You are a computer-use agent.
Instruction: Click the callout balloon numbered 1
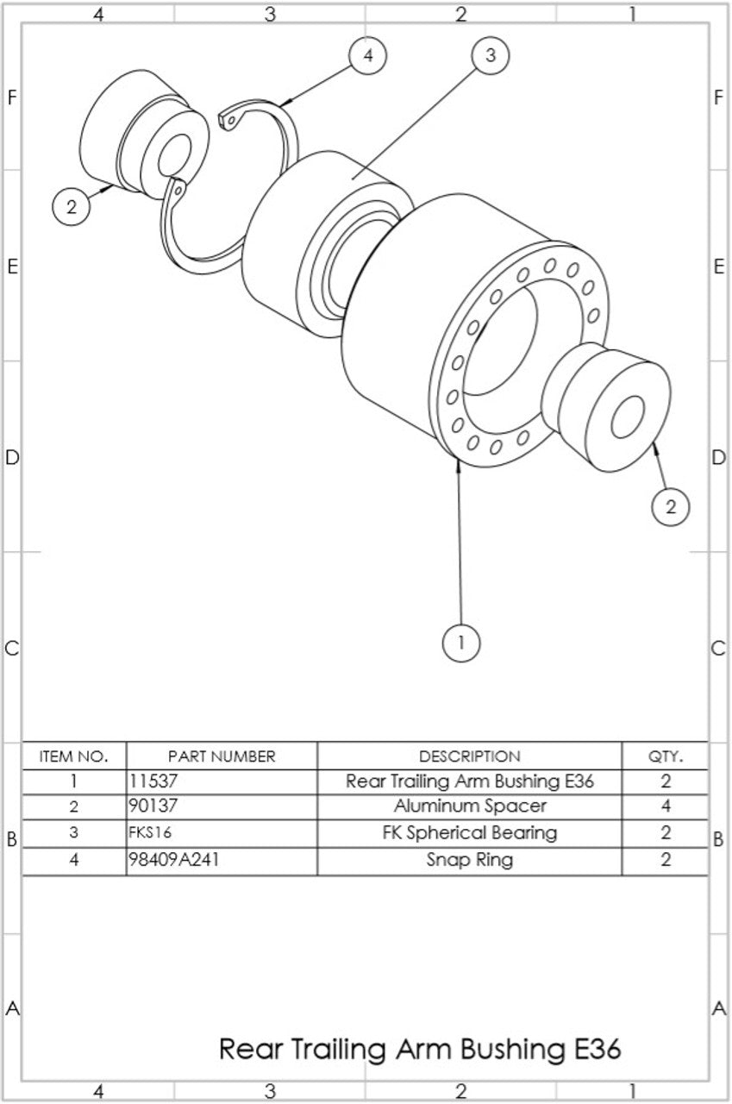(x=461, y=643)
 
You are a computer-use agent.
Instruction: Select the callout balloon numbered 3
(x=491, y=56)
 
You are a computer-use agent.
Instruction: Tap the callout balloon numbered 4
(x=368, y=55)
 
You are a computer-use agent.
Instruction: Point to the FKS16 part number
(x=149, y=833)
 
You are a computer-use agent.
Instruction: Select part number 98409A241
(x=169, y=860)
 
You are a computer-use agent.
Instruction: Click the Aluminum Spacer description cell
(x=469, y=807)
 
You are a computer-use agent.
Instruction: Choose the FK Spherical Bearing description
(x=469, y=833)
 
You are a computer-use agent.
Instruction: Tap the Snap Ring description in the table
(x=469, y=860)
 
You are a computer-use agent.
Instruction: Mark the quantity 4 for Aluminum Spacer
(x=665, y=807)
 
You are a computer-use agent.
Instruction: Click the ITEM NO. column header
(x=74, y=756)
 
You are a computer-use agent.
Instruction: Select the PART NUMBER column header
(x=222, y=756)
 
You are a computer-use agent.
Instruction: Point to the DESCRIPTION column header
(x=469, y=756)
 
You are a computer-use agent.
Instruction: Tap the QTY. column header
(x=665, y=756)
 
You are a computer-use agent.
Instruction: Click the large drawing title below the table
(x=419, y=1049)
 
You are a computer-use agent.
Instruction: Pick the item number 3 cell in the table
(x=74, y=833)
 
